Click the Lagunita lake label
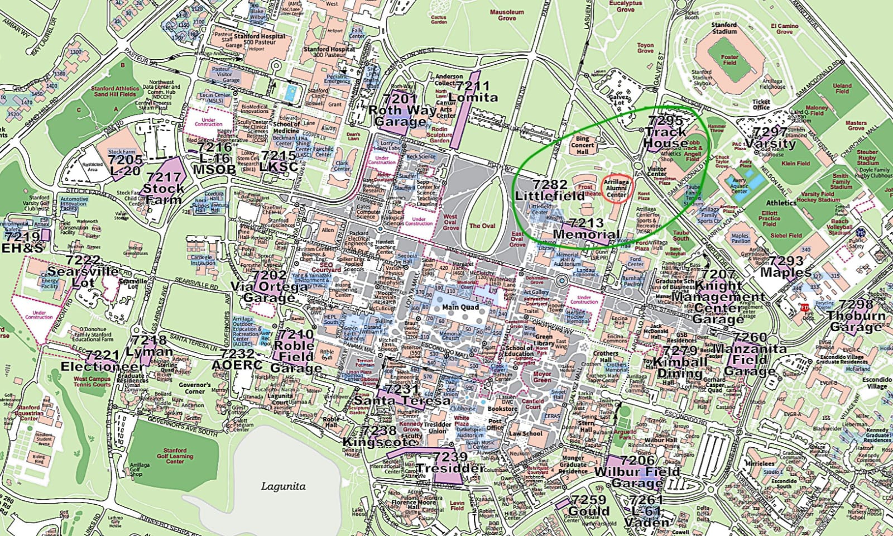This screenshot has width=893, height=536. coord(284,486)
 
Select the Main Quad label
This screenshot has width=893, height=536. coord(460,307)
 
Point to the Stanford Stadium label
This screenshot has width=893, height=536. coord(724,28)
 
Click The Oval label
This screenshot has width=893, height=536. coord(482,226)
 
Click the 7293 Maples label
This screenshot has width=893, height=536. coord(786,267)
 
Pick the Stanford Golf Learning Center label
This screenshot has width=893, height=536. coord(175,456)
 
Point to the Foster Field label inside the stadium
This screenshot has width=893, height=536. coord(729,60)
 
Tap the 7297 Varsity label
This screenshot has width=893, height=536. coord(770,137)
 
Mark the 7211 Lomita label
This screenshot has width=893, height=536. coord(473,92)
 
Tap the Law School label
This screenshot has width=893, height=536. coord(525,433)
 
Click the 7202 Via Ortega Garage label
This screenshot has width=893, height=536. coord(270,286)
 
